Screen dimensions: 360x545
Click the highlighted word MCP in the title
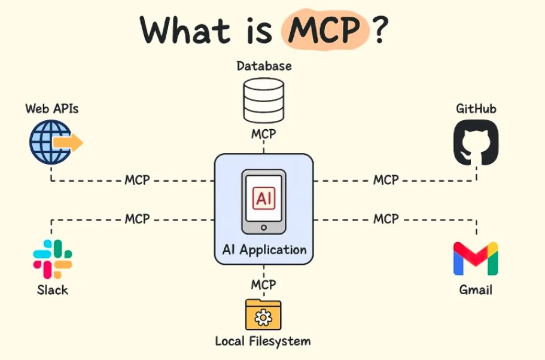tap(324, 30)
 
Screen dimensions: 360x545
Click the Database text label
tap(263, 66)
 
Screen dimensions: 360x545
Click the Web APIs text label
tap(51, 109)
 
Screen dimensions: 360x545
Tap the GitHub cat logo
tap(476, 142)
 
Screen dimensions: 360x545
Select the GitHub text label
tap(476, 109)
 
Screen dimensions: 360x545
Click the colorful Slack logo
tap(53, 259)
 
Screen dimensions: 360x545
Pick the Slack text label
tap(52, 290)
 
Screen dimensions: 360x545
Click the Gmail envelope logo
tap(476, 258)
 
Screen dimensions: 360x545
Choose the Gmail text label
tap(476, 290)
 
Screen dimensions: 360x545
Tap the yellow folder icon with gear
tap(263, 315)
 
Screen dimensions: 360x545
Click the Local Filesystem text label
tap(263, 341)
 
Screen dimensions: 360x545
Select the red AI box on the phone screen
tap(263, 199)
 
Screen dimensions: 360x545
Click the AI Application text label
tap(264, 250)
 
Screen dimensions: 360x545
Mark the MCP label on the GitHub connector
tap(386, 180)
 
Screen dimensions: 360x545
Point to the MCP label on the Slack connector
tap(137, 219)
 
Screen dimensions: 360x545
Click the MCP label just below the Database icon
tap(263, 133)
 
